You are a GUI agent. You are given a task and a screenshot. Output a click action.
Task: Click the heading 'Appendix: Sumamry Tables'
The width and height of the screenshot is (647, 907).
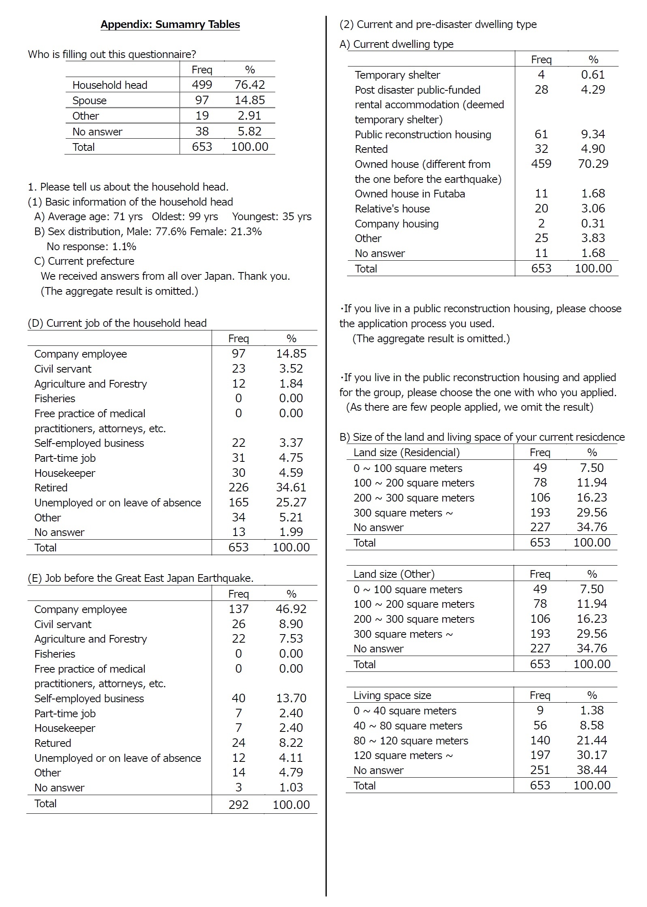[x=170, y=24]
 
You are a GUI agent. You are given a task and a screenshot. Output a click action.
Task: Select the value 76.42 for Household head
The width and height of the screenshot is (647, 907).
[x=250, y=85]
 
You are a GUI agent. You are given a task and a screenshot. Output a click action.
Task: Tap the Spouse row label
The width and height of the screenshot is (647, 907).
[x=89, y=101]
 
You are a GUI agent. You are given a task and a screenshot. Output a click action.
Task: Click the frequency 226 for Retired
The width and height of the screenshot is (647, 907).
[x=238, y=487]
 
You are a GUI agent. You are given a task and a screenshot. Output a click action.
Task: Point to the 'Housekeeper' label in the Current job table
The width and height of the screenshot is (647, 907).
[x=65, y=473]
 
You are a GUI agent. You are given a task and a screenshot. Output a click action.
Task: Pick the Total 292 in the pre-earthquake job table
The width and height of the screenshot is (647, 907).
[x=238, y=804]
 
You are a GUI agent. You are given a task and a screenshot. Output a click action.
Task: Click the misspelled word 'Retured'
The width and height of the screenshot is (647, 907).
[x=53, y=743]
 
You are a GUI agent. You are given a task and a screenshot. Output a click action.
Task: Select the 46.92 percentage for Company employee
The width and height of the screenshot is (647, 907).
[x=291, y=609]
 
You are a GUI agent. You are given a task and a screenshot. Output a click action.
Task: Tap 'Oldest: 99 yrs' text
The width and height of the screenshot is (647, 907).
[x=185, y=217]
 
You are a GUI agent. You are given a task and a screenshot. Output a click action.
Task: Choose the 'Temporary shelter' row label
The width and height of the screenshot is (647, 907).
[x=397, y=75]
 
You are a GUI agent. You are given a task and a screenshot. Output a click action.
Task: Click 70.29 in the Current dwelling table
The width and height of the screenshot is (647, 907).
[x=593, y=164]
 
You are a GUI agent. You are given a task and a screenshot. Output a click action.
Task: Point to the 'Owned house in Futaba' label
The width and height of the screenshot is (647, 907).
[x=410, y=194]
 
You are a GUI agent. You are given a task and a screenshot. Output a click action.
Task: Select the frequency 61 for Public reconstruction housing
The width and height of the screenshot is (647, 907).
[x=541, y=134]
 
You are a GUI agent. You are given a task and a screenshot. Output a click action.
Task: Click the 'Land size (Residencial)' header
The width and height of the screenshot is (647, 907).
[x=407, y=452]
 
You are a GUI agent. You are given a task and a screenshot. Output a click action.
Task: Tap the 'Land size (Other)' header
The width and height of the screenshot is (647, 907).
[x=394, y=574]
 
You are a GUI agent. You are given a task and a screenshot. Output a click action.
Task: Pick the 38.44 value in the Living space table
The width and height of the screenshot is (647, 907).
[x=592, y=770]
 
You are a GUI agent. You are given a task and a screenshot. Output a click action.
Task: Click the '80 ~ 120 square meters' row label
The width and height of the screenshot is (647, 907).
[x=411, y=741]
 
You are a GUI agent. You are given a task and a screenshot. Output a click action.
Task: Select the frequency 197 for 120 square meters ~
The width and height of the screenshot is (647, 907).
[x=540, y=755]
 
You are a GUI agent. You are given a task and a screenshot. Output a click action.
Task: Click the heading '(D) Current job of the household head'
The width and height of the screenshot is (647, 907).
[x=117, y=323]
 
